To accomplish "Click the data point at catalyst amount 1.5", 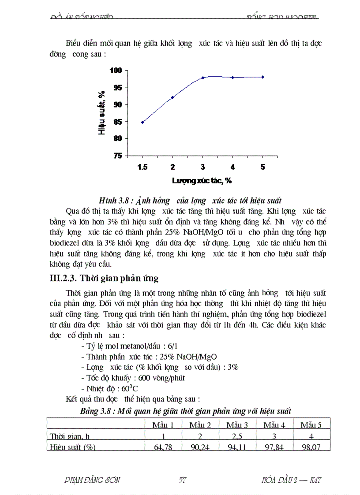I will click(142, 122).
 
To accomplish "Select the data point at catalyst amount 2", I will click(172, 97).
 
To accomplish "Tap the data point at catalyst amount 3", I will click(202, 78).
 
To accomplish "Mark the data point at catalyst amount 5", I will click(262, 77).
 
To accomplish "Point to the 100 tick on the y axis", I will click(127, 71).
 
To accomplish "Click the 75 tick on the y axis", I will click(127, 156).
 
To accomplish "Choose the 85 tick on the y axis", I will click(127, 122).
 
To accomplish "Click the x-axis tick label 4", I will click(232, 167).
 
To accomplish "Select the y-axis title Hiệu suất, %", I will click(102, 113).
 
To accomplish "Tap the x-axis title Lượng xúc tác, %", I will click(202, 180).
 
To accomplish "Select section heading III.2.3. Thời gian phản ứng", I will click(103, 279).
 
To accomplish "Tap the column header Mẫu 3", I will click(237, 425).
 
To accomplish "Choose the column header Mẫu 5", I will click(311, 425).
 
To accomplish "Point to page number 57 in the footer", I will click(182, 480).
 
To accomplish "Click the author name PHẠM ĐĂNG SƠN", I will click(92, 480).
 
